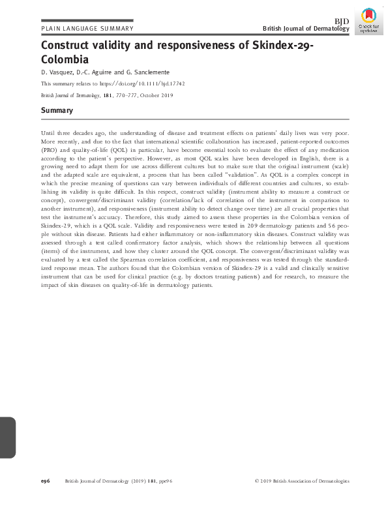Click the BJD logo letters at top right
[x=342, y=21]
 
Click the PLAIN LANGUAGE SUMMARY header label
[x=87, y=29]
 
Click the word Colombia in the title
[x=65, y=59]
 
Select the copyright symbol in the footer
[x=256, y=481]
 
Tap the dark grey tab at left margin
[x=7, y=437]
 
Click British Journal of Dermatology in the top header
[x=306, y=29]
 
